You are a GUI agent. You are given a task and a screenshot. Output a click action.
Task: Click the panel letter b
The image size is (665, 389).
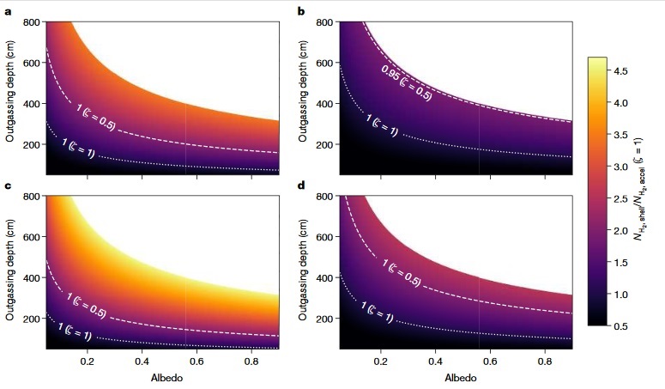(x=301, y=10)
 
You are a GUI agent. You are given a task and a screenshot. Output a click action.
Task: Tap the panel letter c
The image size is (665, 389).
(x=8, y=185)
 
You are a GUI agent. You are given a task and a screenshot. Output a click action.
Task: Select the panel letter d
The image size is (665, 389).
(x=301, y=185)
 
